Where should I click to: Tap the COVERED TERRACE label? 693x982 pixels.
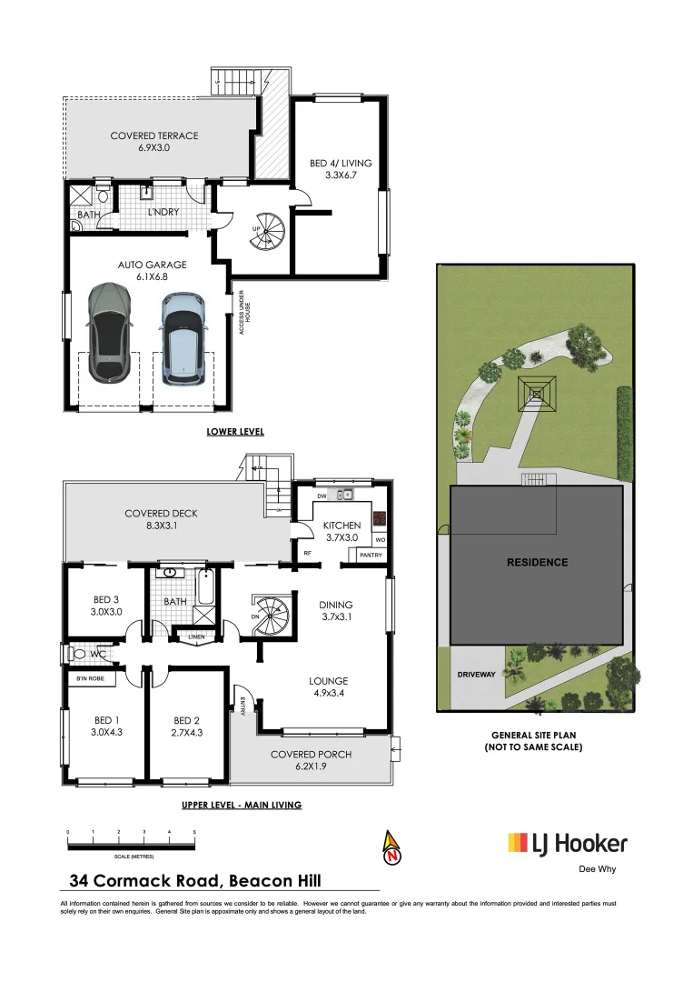tap(154, 141)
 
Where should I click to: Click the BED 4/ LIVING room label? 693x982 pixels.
tap(341, 169)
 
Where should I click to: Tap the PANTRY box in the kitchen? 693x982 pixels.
tap(371, 555)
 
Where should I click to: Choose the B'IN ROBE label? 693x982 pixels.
tap(90, 678)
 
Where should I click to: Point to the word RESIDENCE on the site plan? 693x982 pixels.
tap(537, 563)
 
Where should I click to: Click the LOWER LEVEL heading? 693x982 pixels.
tap(235, 431)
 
